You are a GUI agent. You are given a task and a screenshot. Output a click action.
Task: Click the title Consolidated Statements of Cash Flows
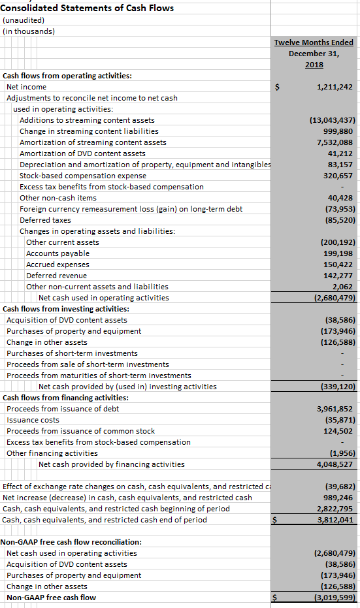coord(88,8)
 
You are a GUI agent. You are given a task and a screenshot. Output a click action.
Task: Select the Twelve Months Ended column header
coord(314,42)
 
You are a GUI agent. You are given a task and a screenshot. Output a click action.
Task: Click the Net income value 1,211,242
coord(335,87)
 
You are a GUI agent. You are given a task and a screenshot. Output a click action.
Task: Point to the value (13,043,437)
coord(331,120)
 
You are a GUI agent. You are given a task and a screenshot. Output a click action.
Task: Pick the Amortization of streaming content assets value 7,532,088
coord(335,142)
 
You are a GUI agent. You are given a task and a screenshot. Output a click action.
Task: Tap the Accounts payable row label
coord(57,253)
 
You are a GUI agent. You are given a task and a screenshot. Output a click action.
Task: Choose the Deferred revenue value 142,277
coord(338,276)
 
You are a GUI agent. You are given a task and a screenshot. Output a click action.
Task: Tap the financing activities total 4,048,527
coord(335,464)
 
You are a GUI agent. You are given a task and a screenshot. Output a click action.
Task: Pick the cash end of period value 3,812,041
coord(335,520)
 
